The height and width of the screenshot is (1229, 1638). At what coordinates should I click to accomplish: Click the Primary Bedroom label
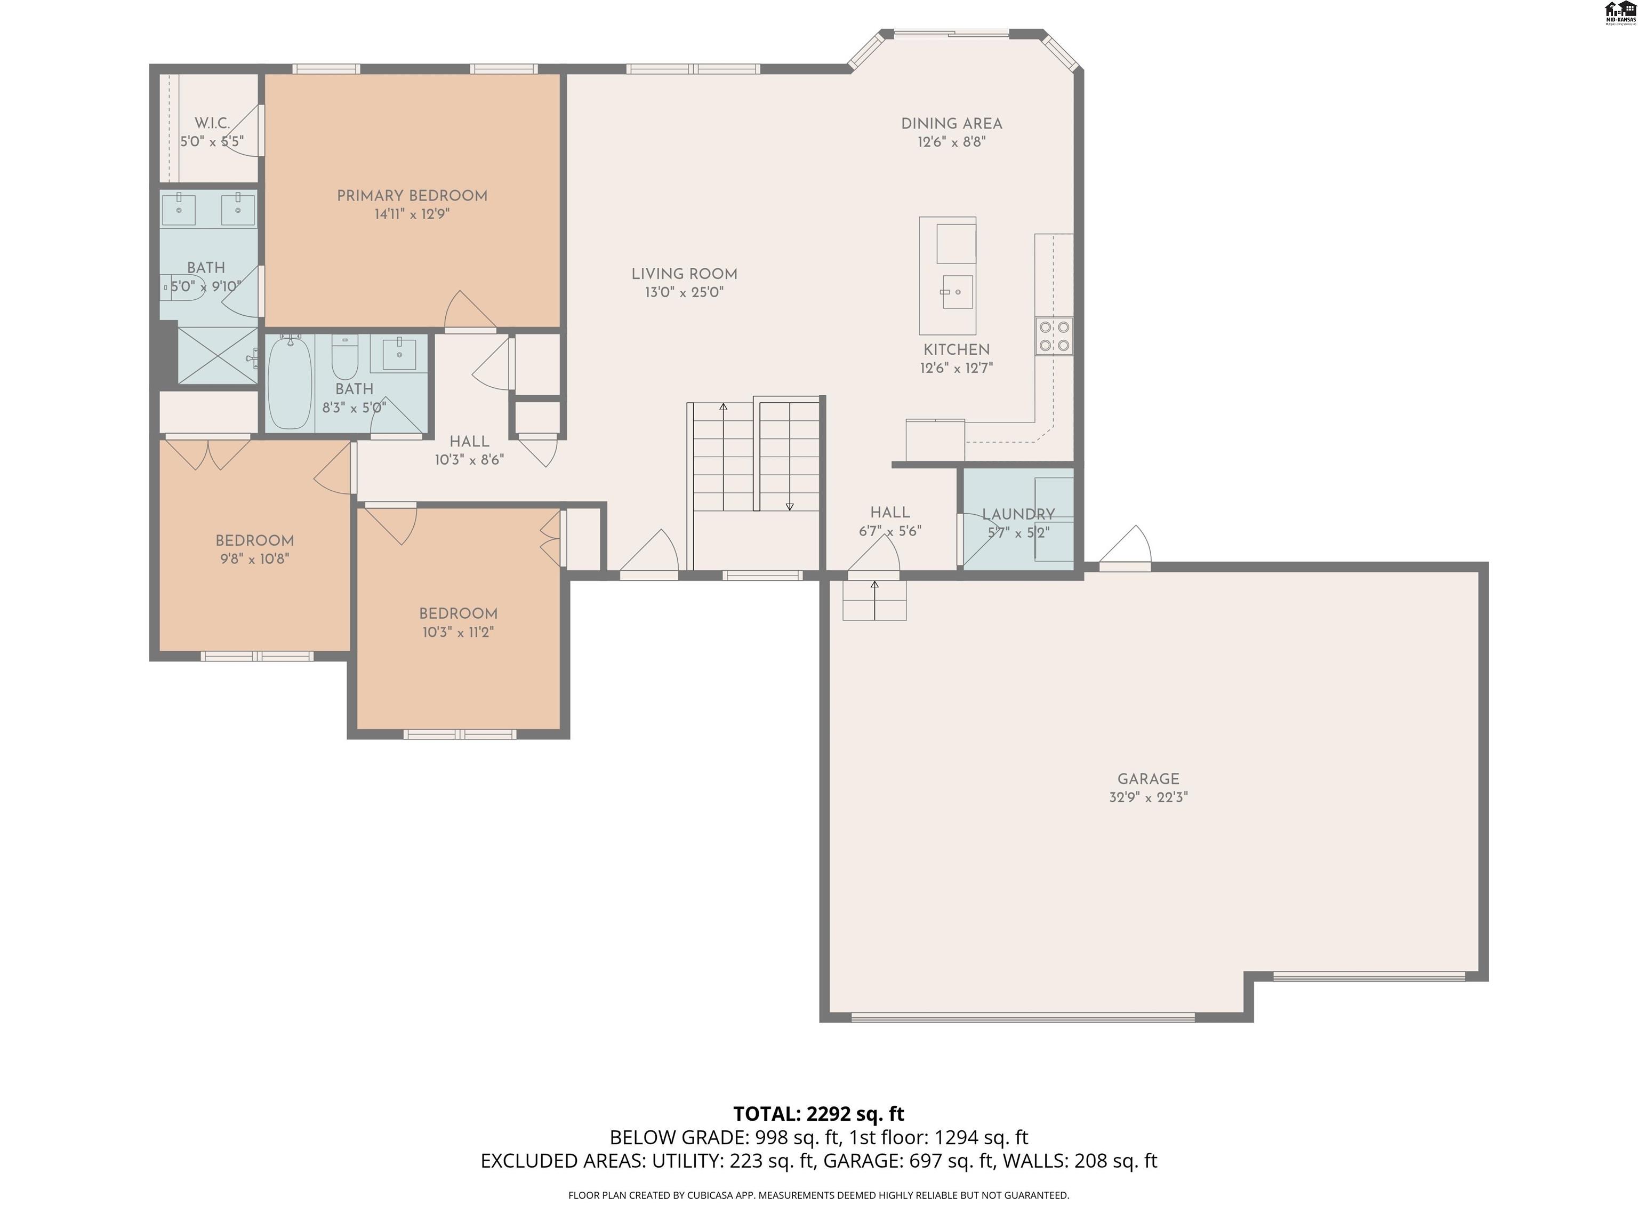pos(412,196)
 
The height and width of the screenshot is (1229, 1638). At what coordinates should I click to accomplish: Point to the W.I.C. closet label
pos(212,123)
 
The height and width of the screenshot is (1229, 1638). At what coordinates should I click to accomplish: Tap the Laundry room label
pos(1018,514)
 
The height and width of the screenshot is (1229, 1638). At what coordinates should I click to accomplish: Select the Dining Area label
pos(952,124)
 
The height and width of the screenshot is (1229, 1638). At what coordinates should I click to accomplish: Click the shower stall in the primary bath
pos(218,356)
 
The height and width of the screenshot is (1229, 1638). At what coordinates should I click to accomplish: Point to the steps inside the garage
pos(874,600)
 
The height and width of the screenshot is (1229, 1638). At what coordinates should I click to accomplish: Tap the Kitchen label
pos(956,350)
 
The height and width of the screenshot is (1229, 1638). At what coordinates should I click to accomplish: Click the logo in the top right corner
pos(1619,13)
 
